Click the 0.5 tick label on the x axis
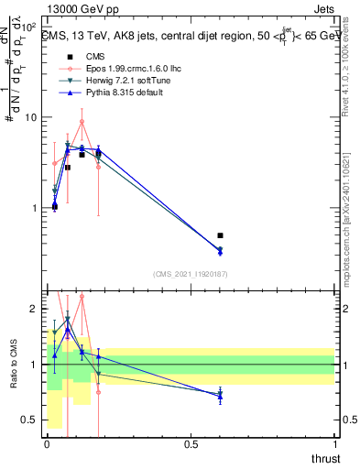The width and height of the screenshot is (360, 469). click(x=191, y=444)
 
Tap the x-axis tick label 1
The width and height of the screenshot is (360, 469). click(x=335, y=444)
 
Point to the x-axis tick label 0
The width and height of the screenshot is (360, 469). click(x=47, y=444)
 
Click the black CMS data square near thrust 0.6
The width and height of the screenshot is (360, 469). click(x=220, y=235)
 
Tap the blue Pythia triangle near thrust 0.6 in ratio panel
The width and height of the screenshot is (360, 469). click(x=220, y=396)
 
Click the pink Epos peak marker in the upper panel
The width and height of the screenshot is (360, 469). click(x=82, y=121)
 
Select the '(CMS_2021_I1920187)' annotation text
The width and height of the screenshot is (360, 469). click(x=191, y=273)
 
